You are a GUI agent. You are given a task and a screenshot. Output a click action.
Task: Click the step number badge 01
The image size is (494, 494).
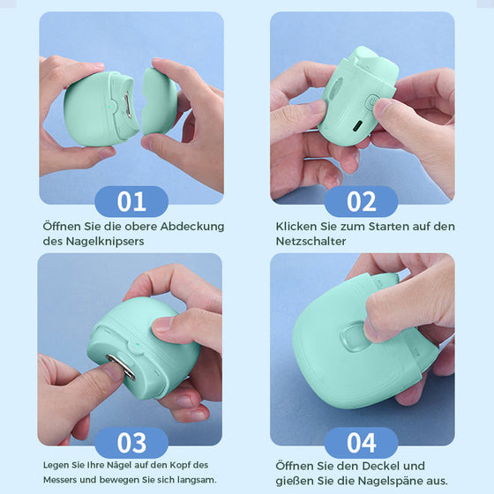(131, 201)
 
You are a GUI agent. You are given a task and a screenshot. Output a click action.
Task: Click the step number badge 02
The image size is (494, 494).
(361, 201)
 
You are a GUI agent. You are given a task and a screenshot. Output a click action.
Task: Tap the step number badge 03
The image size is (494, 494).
(131, 442)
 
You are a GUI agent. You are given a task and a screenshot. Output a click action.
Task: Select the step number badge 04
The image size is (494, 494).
(361, 442)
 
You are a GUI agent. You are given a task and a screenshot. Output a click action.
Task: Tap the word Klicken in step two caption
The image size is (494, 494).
(297, 226)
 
